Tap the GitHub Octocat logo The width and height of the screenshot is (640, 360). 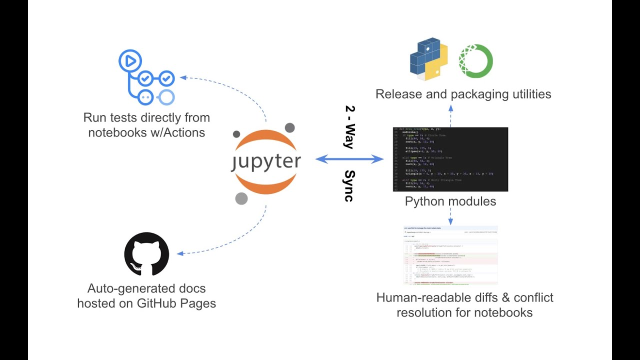coord(146,254)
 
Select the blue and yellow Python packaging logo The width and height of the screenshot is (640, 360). coord(428,59)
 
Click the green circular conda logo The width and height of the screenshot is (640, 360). coord(476,61)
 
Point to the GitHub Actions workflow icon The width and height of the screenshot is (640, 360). coord(146,77)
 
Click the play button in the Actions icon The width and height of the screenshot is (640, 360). coord(129,61)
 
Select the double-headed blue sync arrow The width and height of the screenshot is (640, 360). coord(349,159)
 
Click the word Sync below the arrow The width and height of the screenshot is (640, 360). coord(349,186)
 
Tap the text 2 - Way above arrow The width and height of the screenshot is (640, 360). coord(349,127)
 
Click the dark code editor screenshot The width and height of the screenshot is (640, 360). coord(450,159)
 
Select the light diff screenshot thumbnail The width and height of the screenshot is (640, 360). coord(450,256)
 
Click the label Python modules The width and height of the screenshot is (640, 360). coord(450,201)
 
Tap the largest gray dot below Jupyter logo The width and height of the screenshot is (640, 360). coord(241,198)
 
